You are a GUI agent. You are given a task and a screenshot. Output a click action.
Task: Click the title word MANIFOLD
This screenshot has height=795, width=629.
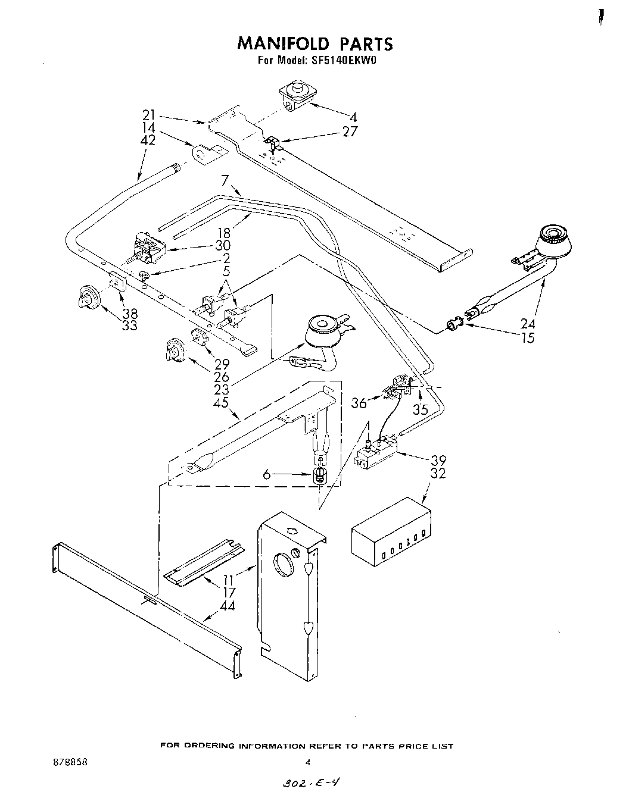[282, 43]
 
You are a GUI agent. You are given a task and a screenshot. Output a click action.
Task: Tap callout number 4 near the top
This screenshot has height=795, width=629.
[353, 117]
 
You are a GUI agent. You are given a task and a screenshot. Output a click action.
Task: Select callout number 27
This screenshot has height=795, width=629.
[350, 131]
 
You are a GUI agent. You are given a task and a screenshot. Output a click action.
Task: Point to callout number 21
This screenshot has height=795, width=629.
[148, 115]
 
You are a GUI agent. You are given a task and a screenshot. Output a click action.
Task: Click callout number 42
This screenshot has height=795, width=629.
[148, 140]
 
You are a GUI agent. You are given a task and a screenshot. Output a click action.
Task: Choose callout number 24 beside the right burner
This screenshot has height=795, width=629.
[527, 324]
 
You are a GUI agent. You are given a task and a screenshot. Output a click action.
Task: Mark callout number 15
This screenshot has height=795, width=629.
[527, 338]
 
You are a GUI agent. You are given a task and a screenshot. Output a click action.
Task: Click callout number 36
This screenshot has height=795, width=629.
[359, 403]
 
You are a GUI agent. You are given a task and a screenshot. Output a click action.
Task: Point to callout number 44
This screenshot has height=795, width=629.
[227, 606]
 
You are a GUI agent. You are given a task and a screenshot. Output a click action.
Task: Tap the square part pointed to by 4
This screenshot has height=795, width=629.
[295, 96]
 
